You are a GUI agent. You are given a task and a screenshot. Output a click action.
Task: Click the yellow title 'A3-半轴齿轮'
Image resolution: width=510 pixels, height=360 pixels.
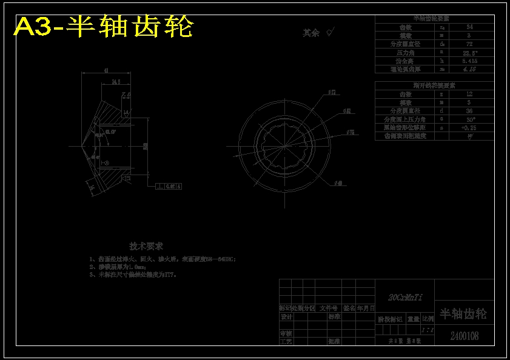(103, 27)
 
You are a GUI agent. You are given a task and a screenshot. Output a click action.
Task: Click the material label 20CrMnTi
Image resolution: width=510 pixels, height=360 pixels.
(405, 297)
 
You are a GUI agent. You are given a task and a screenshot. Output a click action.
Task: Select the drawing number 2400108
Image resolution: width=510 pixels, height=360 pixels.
(465, 336)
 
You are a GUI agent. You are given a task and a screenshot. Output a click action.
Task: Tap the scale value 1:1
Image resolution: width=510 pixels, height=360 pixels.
(428, 330)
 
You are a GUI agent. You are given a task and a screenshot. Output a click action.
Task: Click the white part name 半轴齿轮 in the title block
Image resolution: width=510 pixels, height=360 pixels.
(463, 314)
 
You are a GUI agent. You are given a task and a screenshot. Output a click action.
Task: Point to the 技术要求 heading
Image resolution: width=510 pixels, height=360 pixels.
(146, 247)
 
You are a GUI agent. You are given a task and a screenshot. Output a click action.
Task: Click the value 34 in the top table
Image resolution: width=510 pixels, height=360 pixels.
(470, 27)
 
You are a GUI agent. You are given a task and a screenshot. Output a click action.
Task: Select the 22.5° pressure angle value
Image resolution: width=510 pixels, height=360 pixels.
(470, 53)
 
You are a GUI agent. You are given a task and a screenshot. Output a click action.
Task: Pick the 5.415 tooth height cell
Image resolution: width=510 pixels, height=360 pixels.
(470, 61)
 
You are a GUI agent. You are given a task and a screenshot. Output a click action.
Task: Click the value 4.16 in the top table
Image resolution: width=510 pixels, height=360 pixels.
(470, 70)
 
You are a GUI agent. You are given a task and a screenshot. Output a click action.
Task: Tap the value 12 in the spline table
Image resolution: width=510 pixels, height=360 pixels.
(470, 95)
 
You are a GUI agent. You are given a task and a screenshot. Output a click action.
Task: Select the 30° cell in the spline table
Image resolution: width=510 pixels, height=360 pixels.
(470, 119)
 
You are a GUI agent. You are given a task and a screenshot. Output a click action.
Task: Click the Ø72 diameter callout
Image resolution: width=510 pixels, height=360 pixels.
(332, 93)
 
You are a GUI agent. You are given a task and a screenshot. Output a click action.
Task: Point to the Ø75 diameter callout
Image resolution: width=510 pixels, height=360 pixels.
(351, 132)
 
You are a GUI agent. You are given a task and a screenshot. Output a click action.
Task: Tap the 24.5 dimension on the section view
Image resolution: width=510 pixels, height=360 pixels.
(116, 81)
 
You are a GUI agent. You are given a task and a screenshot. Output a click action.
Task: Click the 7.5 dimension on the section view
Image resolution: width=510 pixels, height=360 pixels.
(126, 95)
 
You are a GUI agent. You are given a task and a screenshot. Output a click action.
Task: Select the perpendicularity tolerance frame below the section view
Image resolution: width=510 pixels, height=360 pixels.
(169, 186)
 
